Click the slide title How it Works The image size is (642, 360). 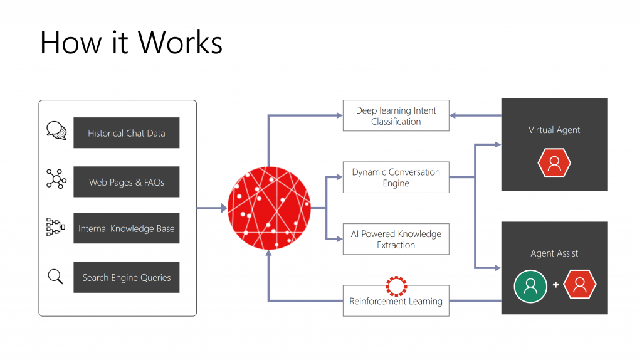pyautogui.click(x=131, y=43)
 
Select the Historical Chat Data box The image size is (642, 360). pyautogui.click(x=126, y=133)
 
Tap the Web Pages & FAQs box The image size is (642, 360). pyautogui.click(x=126, y=182)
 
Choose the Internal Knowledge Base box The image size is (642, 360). pyautogui.click(x=126, y=228)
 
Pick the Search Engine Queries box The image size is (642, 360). pyautogui.click(x=126, y=277)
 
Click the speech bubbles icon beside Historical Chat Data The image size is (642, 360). pyautogui.click(x=56, y=130)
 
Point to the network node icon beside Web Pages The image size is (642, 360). pyautogui.click(x=56, y=179)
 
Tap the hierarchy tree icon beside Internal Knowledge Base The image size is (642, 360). pyautogui.click(x=56, y=227)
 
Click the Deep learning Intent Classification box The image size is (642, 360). pyautogui.click(x=396, y=115)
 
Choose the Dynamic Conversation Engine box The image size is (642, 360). pyautogui.click(x=396, y=177)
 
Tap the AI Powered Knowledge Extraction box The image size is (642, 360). pyautogui.click(x=396, y=239)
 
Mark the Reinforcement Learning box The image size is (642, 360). pyautogui.click(x=396, y=301)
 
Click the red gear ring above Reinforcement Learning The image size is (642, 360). pyautogui.click(x=396, y=286)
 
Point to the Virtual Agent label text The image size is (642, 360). pyautogui.click(x=554, y=130)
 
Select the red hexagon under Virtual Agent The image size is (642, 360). pyautogui.click(x=554, y=163)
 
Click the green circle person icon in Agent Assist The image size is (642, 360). pyautogui.click(x=530, y=286)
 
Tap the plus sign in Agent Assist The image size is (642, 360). pyautogui.click(x=555, y=285)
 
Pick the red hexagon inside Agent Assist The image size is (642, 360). pyautogui.click(x=580, y=286)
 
